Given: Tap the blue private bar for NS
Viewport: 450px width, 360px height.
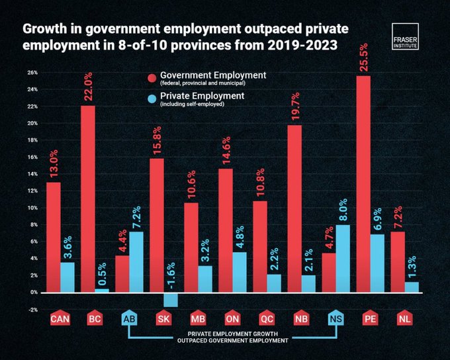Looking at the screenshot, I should click(x=342, y=258).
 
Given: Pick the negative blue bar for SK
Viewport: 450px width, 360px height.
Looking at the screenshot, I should click(x=171, y=299).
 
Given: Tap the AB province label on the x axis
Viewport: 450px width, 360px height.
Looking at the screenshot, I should click(x=130, y=319).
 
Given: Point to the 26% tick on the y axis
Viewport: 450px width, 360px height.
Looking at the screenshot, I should click(x=31, y=72).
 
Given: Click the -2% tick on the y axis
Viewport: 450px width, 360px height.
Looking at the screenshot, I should click(x=31, y=309).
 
